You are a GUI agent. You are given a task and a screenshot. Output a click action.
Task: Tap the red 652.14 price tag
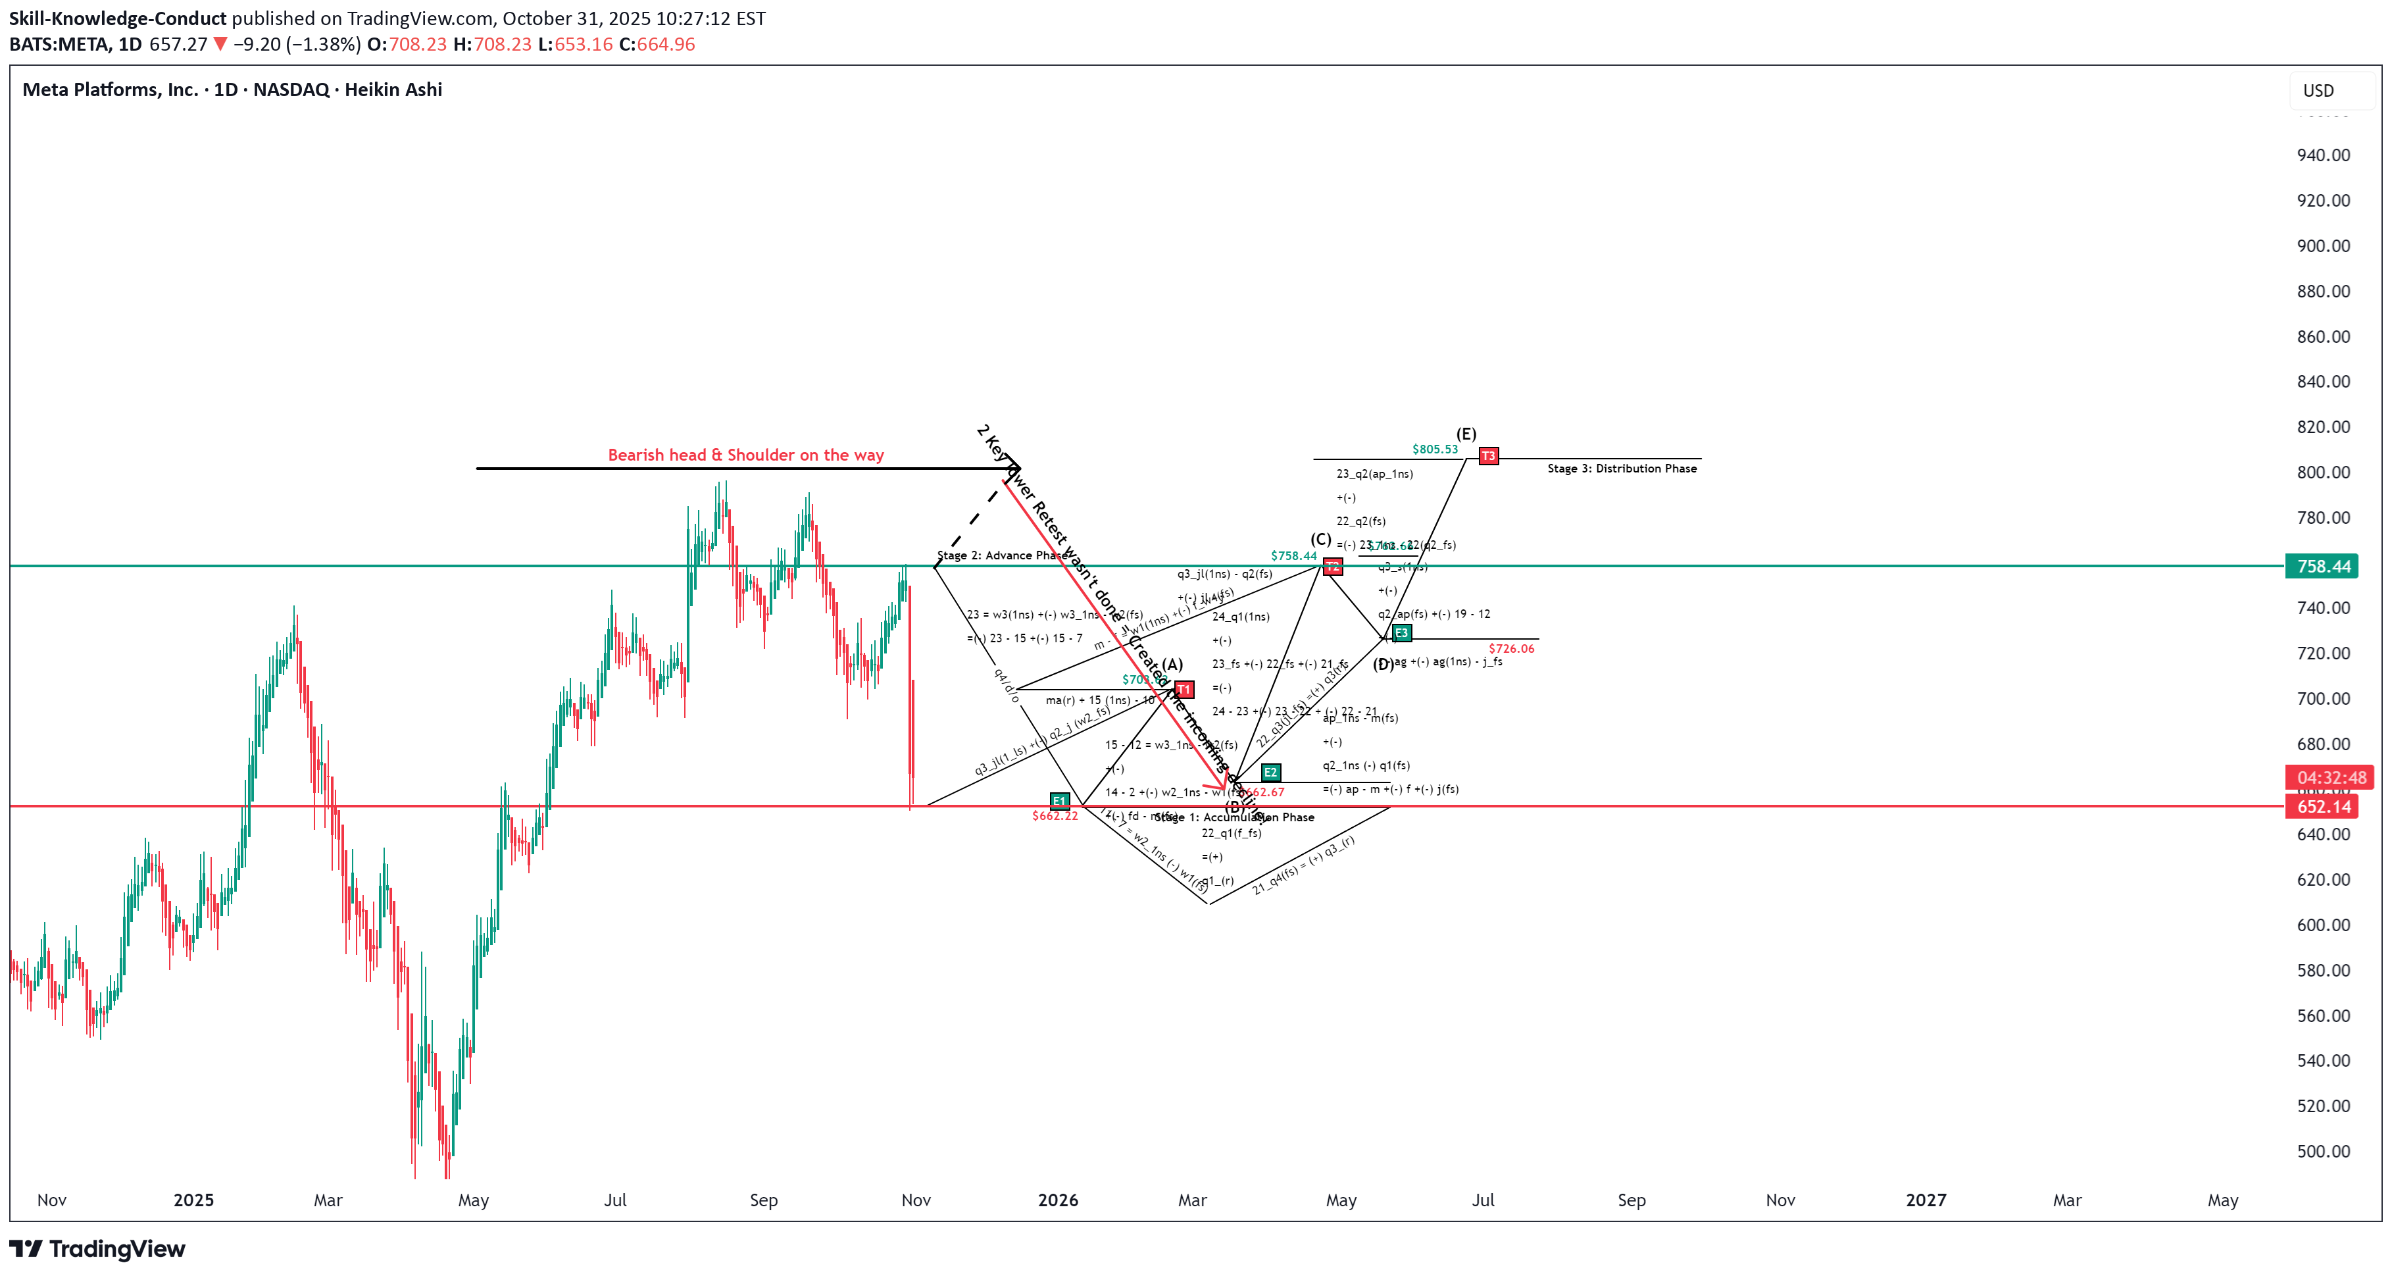click(x=2322, y=806)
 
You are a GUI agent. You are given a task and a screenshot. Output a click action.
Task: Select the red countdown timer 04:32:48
click(x=2330, y=777)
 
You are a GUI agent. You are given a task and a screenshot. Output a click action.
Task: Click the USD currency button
click(x=2318, y=90)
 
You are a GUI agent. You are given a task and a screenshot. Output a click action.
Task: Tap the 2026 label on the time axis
click(x=1058, y=1200)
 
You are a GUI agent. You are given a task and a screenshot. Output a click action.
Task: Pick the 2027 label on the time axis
click(x=1926, y=1200)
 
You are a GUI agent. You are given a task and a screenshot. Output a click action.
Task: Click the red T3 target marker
click(x=1489, y=456)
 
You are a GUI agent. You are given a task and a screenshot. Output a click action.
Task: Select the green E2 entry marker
click(x=1270, y=773)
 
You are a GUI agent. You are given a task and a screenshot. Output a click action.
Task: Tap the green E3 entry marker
click(x=1402, y=633)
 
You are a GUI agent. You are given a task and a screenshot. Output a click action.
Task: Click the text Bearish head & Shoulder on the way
click(x=745, y=455)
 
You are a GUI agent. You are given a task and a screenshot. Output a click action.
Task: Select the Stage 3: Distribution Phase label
click(x=1621, y=468)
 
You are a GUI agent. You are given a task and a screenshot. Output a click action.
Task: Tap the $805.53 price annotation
click(x=1435, y=449)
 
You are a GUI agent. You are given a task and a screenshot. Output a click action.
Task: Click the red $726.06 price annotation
click(x=1510, y=649)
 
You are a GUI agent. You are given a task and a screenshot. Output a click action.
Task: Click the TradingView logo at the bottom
click(x=97, y=1249)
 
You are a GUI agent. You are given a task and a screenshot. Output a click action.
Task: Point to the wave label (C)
click(x=1320, y=540)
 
